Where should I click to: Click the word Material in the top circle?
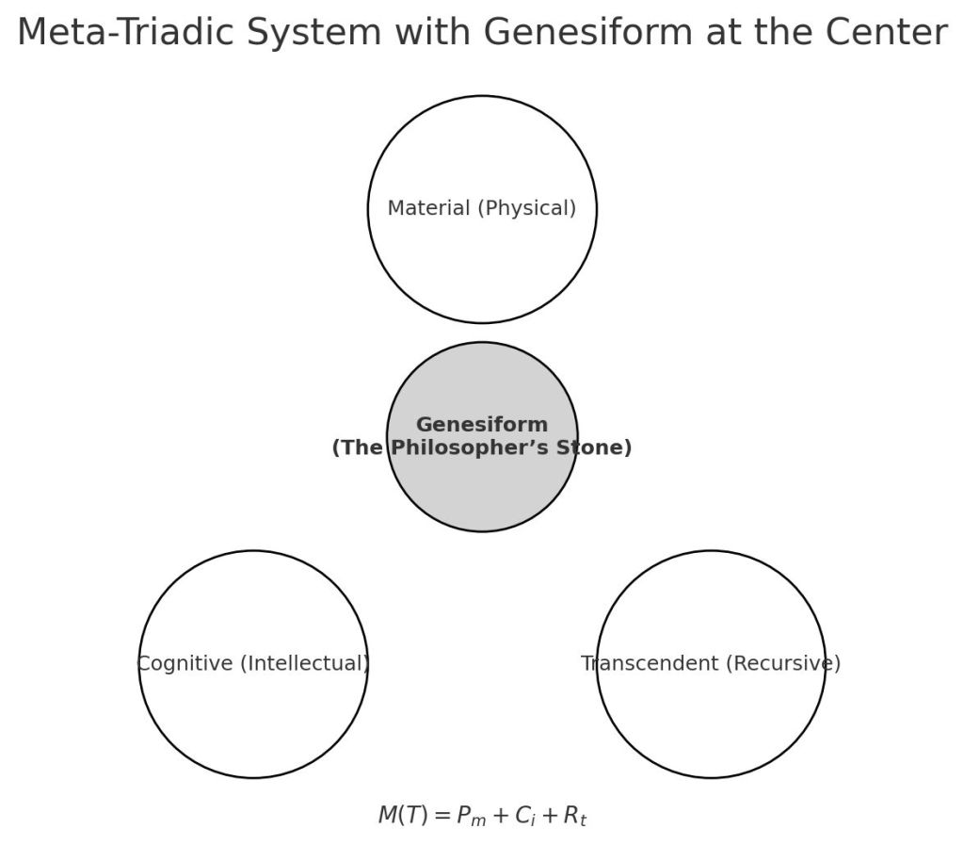(x=427, y=208)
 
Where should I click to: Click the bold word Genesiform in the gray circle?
(x=482, y=425)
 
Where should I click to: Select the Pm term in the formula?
(x=472, y=817)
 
